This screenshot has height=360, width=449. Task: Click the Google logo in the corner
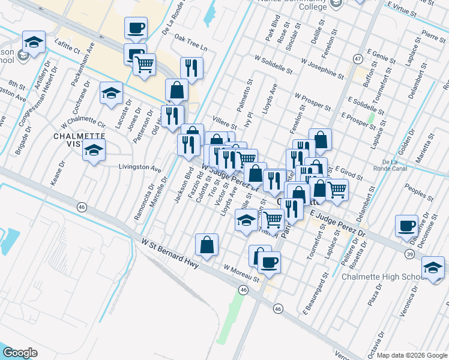pyautogui.click(x=21, y=353)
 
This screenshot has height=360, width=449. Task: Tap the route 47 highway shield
pyautogui.click(x=357, y=59)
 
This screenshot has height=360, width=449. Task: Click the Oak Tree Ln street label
pyautogui.click(x=190, y=47)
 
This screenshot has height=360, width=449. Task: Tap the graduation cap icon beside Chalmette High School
pyautogui.click(x=433, y=267)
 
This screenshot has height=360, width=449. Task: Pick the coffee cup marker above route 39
pyautogui.click(x=406, y=226)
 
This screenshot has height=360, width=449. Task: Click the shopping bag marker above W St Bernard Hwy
pyautogui.click(x=206, y=245)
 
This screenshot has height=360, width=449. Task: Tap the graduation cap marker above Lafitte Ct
pyautogui.click(x=34, y=42)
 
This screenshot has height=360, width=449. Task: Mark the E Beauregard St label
pyautogui.click(x=315, y=295)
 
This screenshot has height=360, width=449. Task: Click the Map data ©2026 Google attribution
pyautogui.click(x=412, y=355)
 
